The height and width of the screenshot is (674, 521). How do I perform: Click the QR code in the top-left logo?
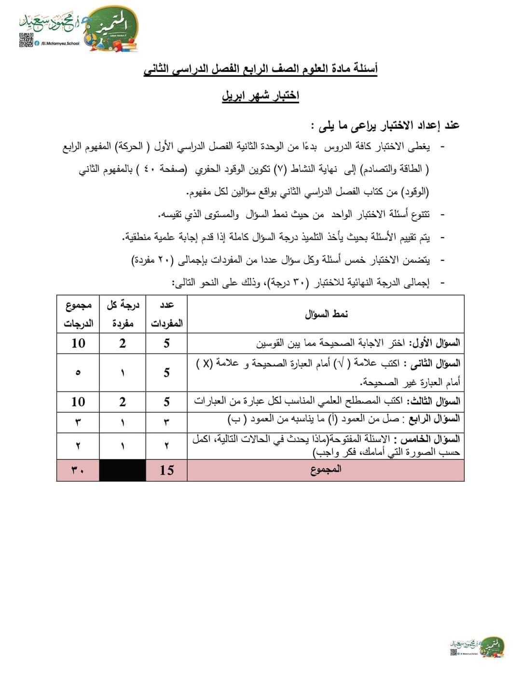point(26,40)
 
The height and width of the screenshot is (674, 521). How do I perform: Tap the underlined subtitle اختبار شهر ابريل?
point(260,96)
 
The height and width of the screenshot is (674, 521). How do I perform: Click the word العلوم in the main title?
point(316,69)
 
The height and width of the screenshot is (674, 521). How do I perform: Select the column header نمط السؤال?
point(326,314)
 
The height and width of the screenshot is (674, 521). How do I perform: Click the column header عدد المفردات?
point(166,314)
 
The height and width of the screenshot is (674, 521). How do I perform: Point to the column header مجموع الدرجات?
point(78,314)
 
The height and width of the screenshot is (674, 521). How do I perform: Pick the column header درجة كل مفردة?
point(123,314)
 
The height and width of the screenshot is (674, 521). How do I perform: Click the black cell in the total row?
point(123,470)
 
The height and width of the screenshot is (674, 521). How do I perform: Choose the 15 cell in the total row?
point(166,470)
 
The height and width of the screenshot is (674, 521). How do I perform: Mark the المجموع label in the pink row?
point(326,469)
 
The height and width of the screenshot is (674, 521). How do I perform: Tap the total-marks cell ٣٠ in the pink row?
point(78,470)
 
